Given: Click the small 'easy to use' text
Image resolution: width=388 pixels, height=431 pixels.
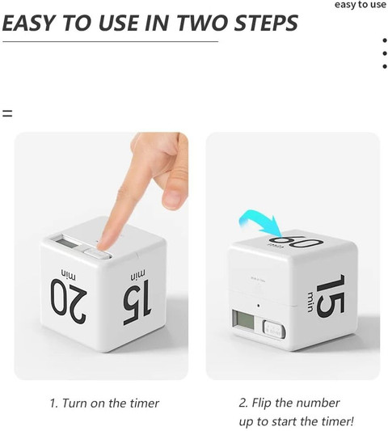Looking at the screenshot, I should (x=360, y=5).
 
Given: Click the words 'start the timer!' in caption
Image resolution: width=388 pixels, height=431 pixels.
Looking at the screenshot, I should (x=314, y=421).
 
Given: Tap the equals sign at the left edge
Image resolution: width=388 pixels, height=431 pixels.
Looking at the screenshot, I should (x=6, y=113).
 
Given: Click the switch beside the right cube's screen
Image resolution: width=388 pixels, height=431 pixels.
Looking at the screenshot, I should (x=272, y=330).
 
